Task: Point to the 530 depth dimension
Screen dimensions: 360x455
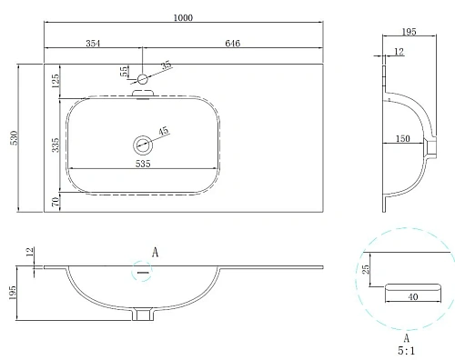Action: pyautogui.click(x=12, y=137)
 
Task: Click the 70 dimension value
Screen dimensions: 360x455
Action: pyautogui.click(x=56, y=202)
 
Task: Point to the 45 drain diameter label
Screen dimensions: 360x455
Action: pyautogui.click(x=164, y=132)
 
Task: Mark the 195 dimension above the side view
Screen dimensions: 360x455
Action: pyautogui.click(x=408, y=32)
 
